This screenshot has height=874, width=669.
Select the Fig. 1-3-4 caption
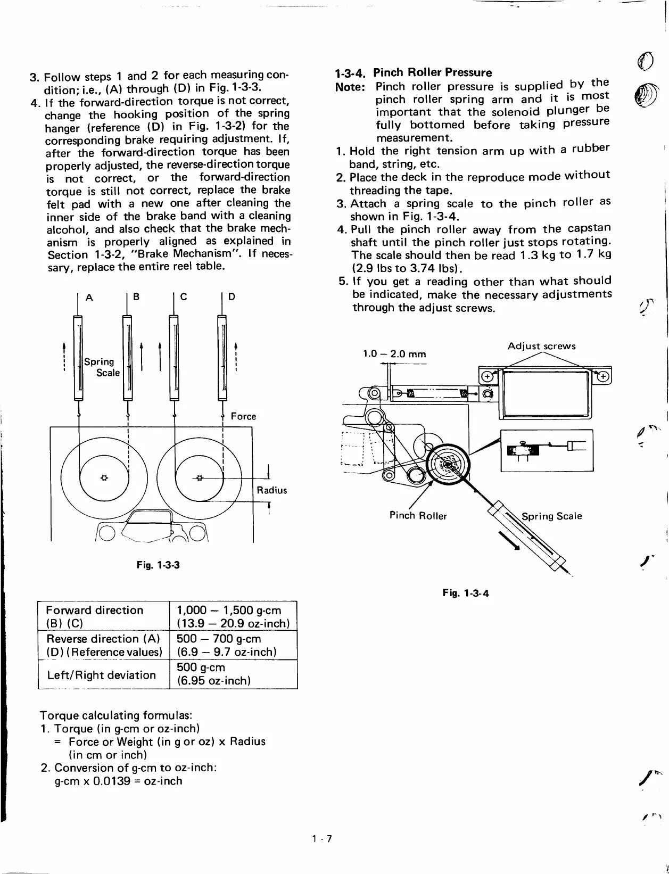coord(465,593)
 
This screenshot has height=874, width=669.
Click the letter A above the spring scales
coord(89,297)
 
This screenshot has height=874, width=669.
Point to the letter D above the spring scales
coord(232,297)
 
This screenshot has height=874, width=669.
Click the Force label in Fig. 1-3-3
coord(243,416)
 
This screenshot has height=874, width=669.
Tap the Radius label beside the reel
coord(271,490)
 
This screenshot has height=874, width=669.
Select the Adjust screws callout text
coord(541,346)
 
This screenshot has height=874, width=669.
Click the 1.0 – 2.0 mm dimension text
coord(394,354)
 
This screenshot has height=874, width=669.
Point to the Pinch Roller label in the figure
coord(418,515)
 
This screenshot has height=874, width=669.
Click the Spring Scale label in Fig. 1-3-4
coord(551,516)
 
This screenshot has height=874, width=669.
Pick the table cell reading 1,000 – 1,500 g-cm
coord(233,616)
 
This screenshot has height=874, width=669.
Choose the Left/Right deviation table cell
coord(101,675)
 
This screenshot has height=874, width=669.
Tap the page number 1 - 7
coord(323,839)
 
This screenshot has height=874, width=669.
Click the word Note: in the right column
coord(350,87)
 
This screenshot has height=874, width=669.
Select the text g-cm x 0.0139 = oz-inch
coord(118,781)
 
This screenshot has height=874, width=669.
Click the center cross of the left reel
coord(104,477)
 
